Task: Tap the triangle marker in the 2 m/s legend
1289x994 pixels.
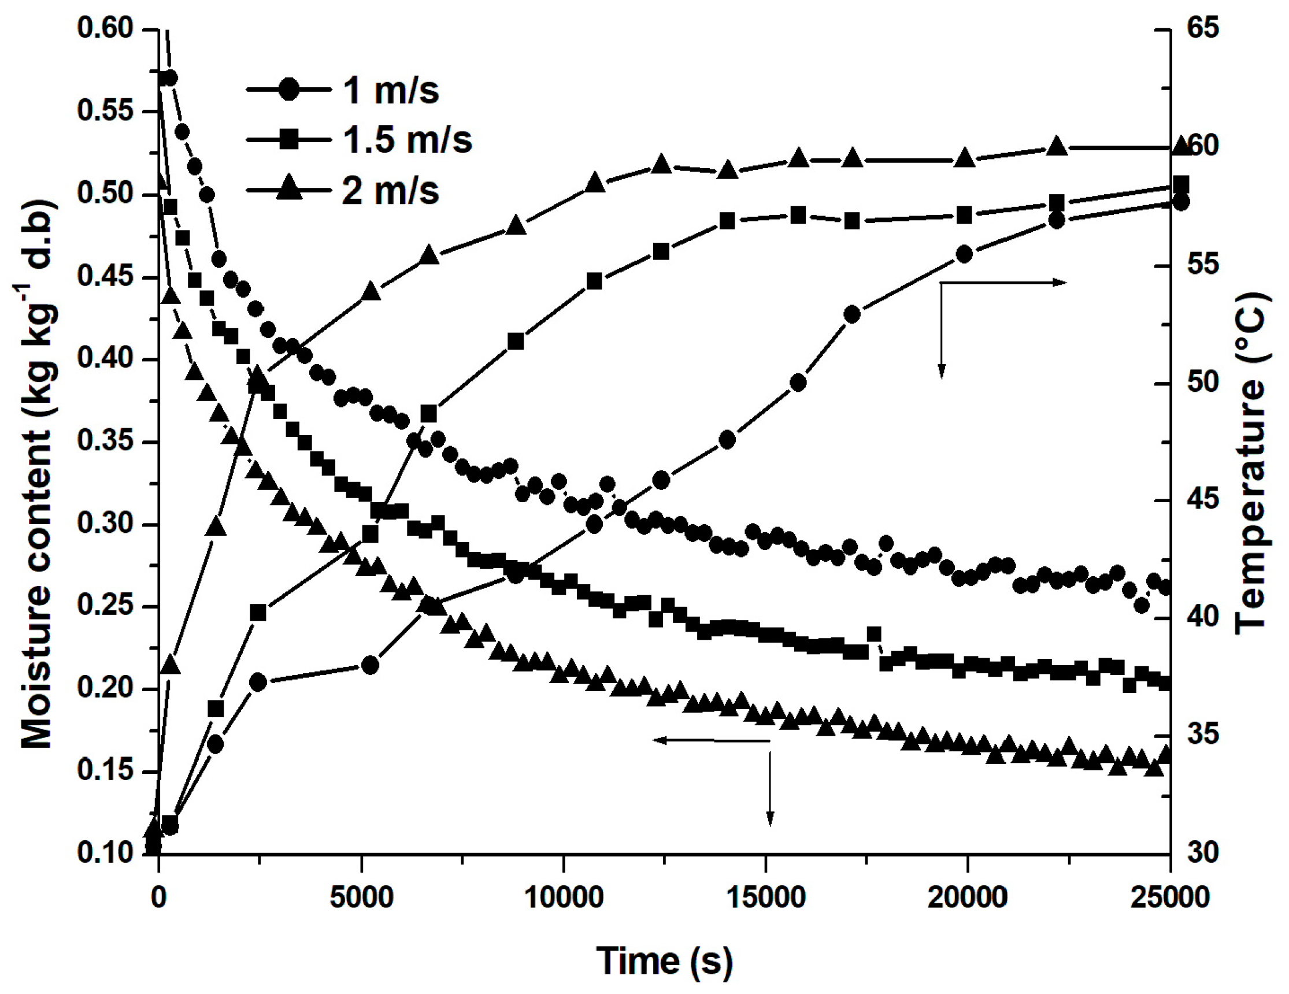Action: (288, 190)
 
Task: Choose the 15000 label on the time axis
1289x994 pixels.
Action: (766, 897)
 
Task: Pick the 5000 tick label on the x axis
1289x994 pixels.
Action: (361, 897)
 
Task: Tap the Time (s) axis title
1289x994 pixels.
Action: (665, 961)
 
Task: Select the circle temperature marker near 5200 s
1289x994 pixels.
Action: (370, 665)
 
